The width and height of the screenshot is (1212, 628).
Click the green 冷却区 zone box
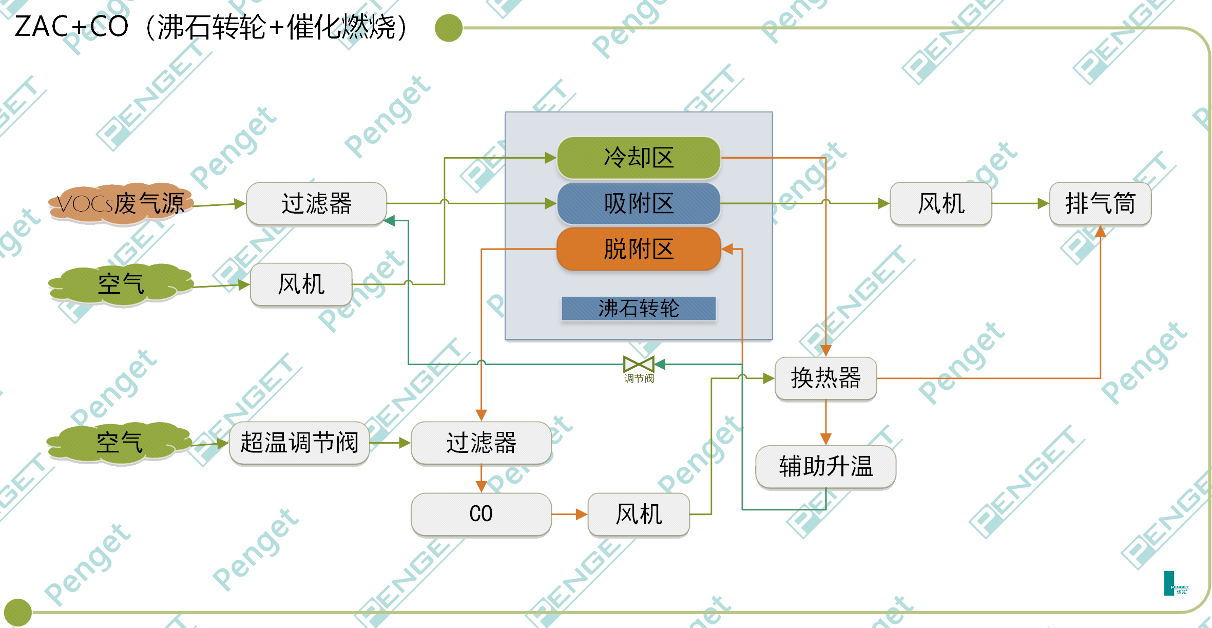(639, 158)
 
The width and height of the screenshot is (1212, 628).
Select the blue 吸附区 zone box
(639, 203)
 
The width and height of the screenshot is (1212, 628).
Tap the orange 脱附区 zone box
(639, 249)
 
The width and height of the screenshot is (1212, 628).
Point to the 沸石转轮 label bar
(639, 309)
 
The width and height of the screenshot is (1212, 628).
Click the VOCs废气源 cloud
(121, 204)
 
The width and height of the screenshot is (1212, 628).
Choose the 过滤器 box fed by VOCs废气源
(316, 203)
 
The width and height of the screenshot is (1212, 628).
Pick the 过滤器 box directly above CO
(481, 443)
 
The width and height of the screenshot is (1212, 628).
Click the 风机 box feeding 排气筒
(941, 203)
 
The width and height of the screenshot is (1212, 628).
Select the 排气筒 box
(1100, 203)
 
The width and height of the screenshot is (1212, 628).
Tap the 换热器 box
(825, 378)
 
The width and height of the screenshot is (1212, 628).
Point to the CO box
(481, 514)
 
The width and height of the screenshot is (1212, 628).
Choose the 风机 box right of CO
(639, 514)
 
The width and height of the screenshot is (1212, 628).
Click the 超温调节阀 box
(299, 443)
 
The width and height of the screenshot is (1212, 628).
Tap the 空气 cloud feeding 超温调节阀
(120, 443)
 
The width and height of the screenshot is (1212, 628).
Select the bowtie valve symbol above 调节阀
(639, 365)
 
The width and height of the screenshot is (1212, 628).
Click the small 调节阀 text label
(639, 379)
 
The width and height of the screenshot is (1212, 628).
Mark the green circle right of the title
(449, 28)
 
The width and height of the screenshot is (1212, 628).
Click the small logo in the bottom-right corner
(1175, 583)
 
